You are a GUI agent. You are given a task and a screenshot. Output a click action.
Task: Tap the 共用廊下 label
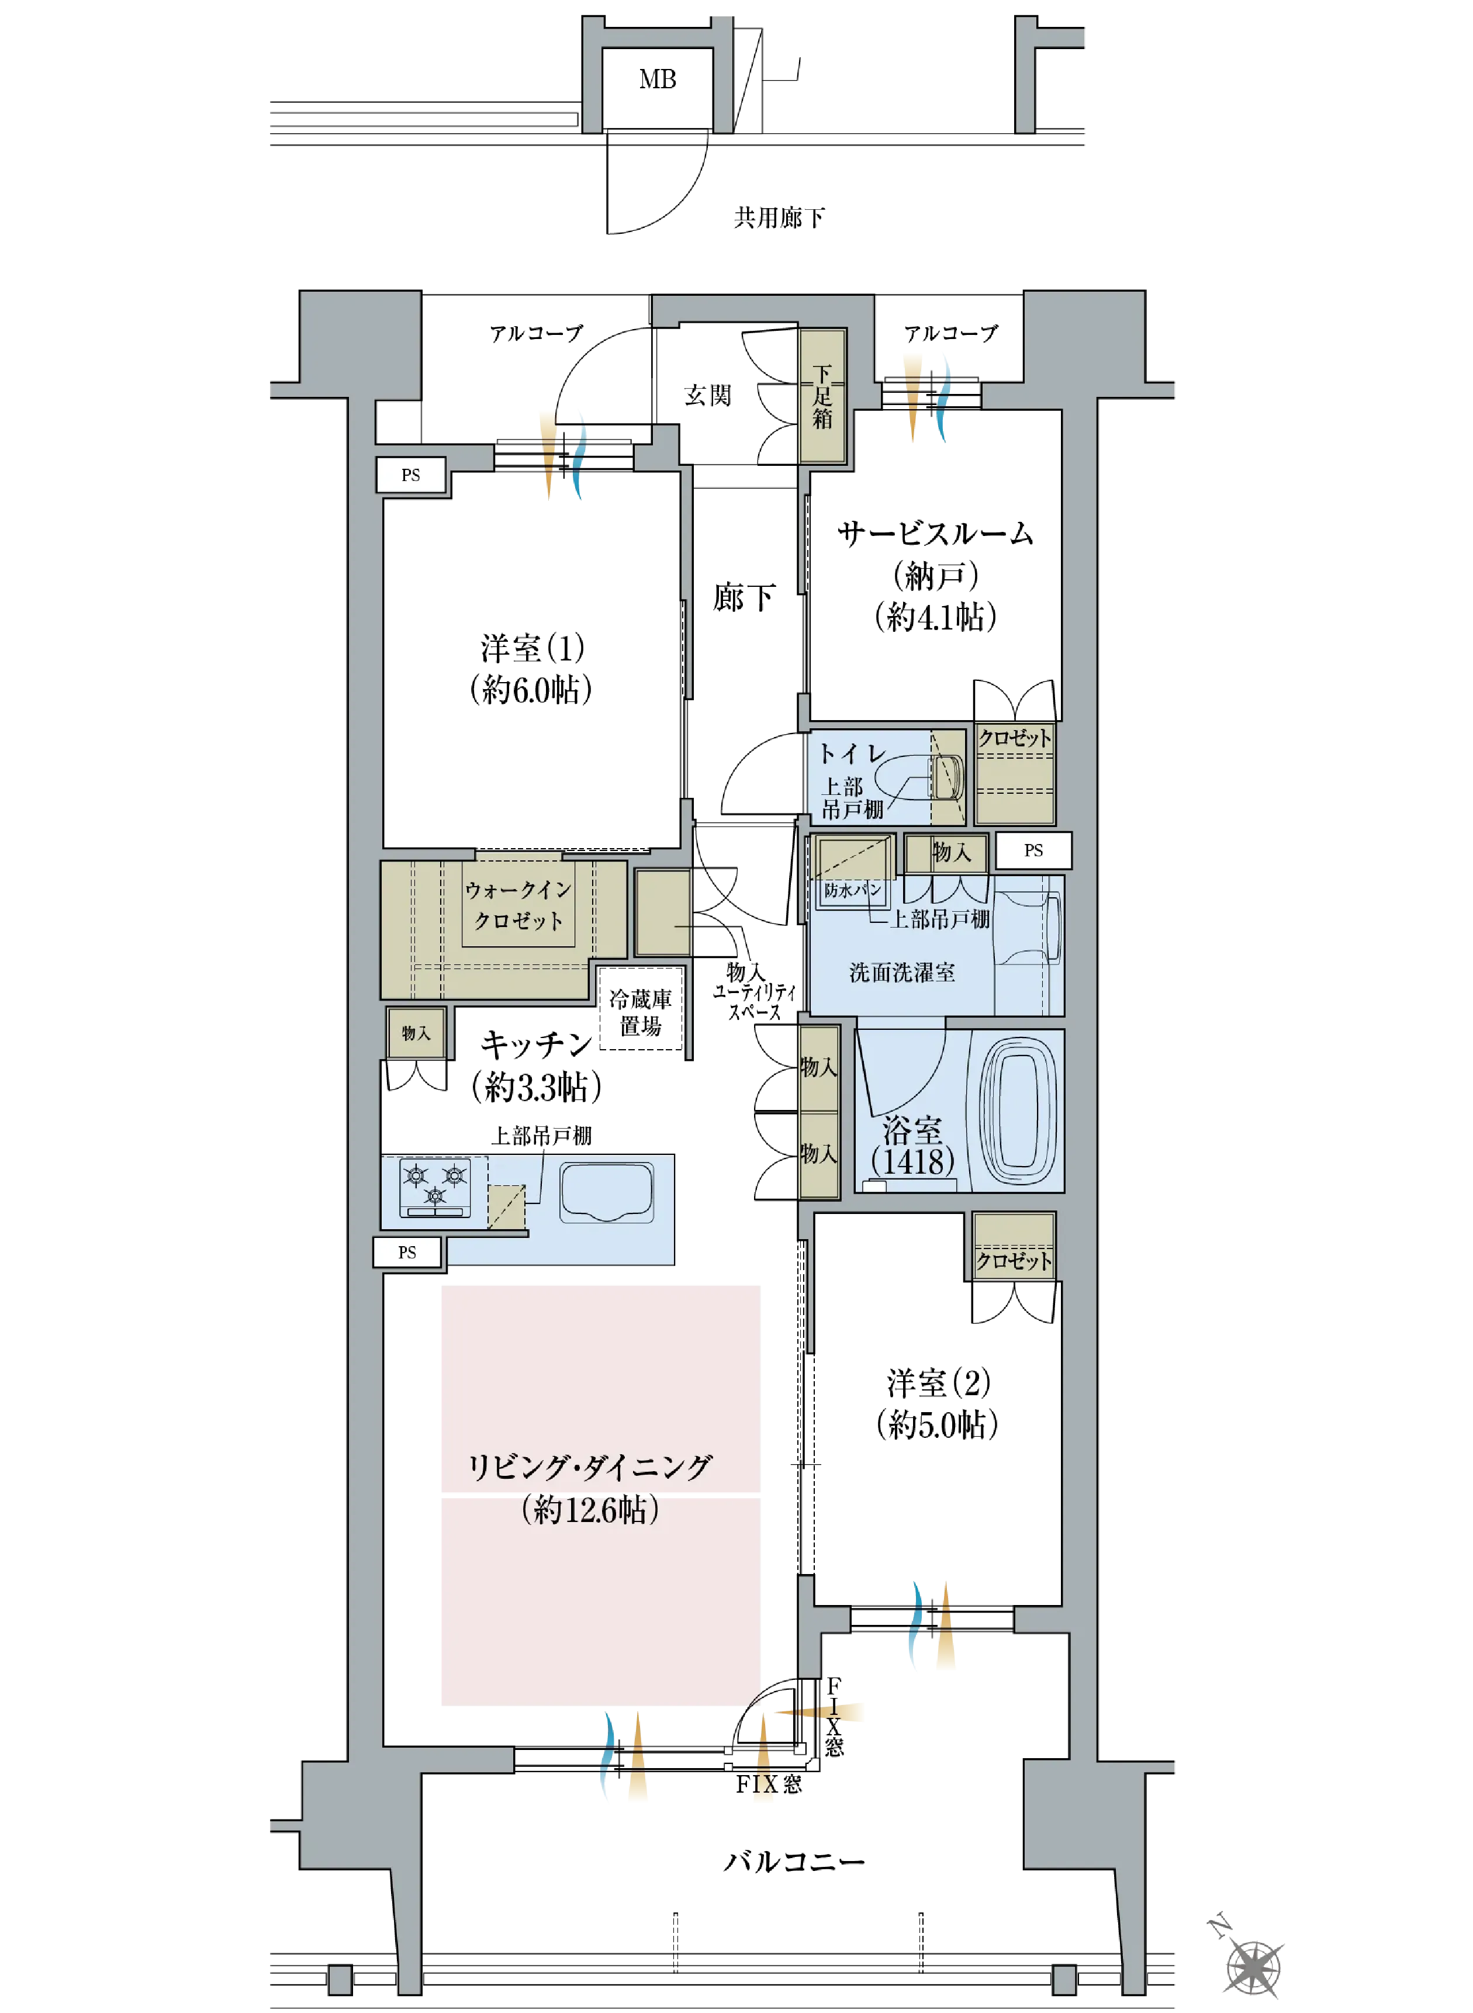(x=779, y=217)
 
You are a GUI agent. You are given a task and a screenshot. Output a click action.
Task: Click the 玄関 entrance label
(x=708, y=395)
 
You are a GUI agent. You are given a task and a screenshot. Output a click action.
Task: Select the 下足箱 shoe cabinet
(x=822, y=396)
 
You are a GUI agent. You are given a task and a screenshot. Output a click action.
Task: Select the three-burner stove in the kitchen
(x=435, y=1186)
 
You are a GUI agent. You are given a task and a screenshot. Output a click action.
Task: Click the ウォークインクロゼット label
(x=518, y=904)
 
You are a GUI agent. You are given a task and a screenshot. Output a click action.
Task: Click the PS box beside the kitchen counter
(x=407, y=1251)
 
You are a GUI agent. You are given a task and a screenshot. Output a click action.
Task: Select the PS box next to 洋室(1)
(x=411, y=474)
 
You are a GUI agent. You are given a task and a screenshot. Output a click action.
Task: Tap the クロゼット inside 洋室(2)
(x=1014, y=1246)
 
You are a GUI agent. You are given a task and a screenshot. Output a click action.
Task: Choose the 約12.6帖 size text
(x=590, y=1509)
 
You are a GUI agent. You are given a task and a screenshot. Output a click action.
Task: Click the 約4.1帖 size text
(x=935, y=616)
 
